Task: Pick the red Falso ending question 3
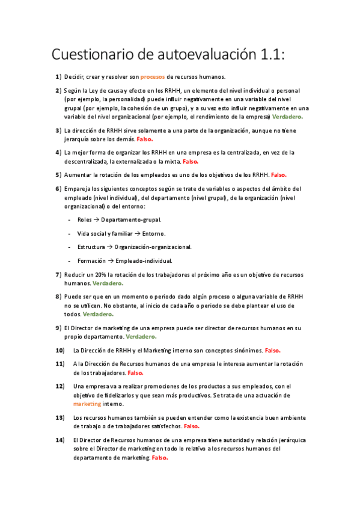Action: click(145, 139)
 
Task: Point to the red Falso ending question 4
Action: click(191, 161)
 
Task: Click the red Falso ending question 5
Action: click(279, 174)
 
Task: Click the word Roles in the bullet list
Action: click(85, 220)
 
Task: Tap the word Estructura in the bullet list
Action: click(91, 247)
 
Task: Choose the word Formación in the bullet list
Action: click(91, 260)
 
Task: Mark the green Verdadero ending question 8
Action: click(98, 314)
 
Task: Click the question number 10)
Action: click(60, 350)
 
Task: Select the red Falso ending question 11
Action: click(135, 373)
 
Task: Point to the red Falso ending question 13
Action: click(192, 426)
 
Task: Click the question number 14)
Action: click(60, 440)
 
